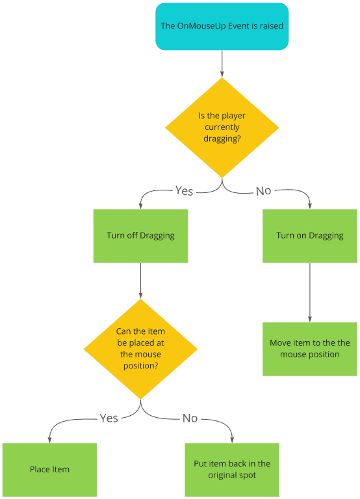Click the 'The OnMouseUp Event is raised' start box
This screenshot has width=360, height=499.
222,27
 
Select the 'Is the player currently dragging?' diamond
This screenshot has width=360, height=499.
222,127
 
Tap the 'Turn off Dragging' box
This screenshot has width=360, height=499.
140,236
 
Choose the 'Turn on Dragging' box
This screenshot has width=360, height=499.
310,236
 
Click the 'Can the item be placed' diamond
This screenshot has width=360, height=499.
140,349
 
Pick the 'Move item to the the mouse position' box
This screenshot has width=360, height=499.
310,349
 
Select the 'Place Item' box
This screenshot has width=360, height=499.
49,470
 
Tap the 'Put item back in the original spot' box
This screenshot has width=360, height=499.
232,470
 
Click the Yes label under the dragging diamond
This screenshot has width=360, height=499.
184,191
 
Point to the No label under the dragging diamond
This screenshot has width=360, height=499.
264,191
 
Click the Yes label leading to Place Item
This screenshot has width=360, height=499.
109,418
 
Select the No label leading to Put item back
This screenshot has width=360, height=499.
190,418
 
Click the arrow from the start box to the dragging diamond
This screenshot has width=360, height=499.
222,64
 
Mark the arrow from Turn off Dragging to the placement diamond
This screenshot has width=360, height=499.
140,281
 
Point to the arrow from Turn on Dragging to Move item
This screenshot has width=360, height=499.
310,292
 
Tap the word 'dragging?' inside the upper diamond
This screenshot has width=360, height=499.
222,139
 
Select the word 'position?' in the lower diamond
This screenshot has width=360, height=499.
140,366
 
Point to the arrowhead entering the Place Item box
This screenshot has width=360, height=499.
49,440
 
